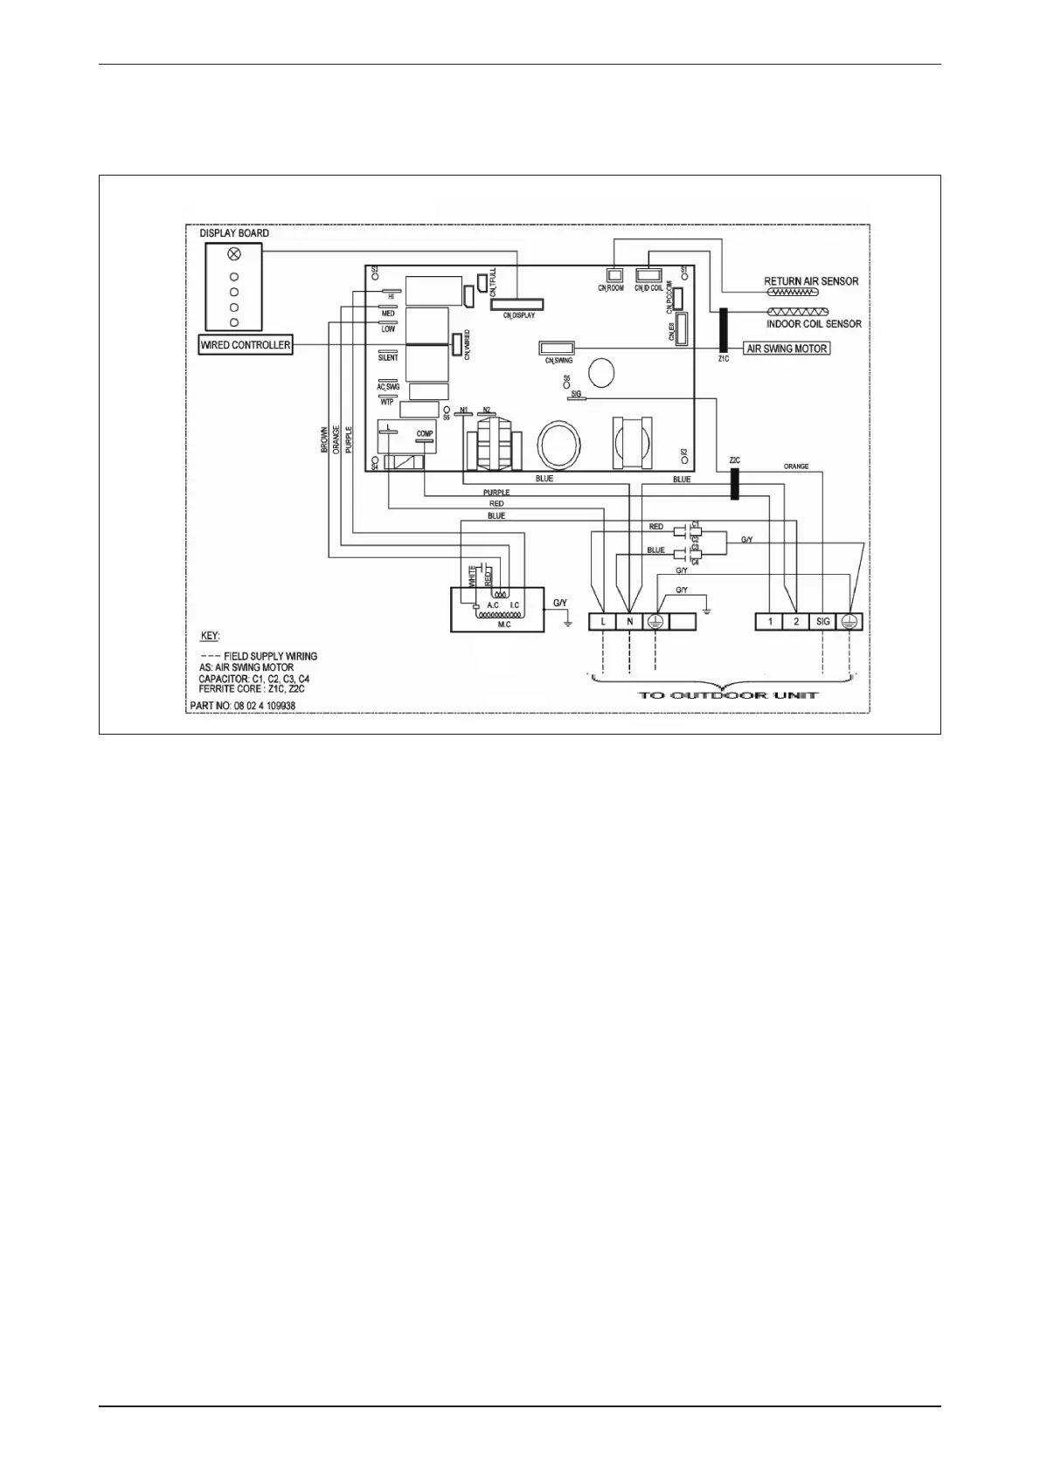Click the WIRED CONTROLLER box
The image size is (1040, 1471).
(246, 345)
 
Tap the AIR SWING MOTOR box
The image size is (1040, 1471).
(787, 348)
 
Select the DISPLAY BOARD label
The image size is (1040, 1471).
(234, 233)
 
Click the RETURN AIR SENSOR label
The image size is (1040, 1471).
(811, 281)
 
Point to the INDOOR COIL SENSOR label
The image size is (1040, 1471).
(814, 324)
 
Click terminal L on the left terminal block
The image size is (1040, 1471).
(603, 622)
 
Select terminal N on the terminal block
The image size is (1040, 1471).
(629, 622)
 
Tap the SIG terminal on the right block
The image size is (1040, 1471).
(822, 622)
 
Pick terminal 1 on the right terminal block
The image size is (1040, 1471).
(770, 622)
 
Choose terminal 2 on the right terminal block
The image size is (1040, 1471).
(796, 622)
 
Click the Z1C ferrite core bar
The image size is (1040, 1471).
(723, 329)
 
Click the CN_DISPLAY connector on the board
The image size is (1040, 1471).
(517, 305)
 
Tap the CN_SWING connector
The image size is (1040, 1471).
(556, 347)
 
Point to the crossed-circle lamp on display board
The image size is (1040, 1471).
(233, 254)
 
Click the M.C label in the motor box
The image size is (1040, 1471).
(504, 625)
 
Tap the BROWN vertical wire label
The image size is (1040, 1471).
(324, 439)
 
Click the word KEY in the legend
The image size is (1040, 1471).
(210, 636)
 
